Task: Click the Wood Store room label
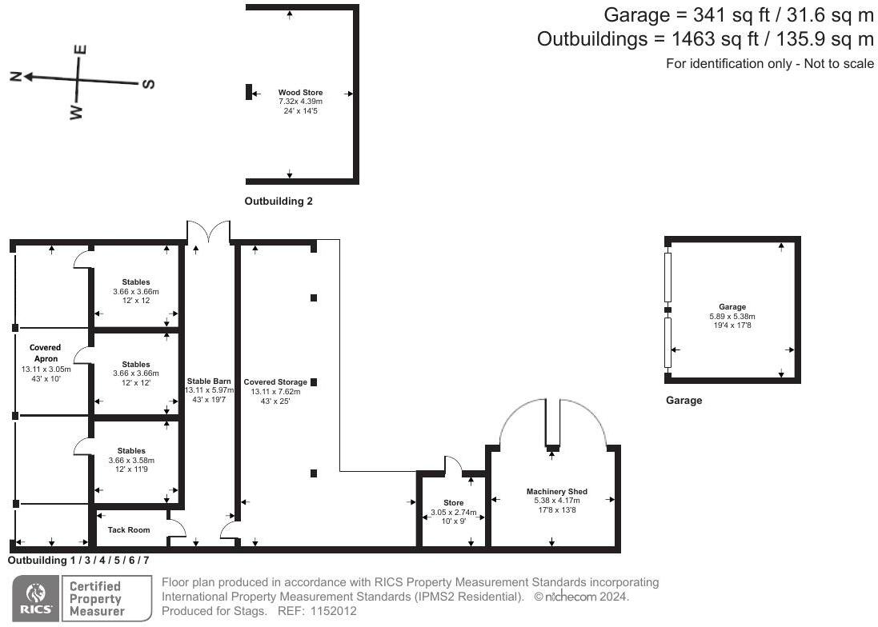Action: pos(300,93)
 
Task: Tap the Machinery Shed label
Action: pos(556,491)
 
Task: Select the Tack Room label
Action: pos(128,529)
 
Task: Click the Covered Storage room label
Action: pos(275,381)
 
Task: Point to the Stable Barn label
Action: pos(209,381)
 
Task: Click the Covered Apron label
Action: pos(46,353)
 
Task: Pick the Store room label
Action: pos(453,503)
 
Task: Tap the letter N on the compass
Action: pos(15,76)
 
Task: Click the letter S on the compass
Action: pos(148,84)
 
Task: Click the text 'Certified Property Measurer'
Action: pos(96,598)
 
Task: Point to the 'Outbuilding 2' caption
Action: pos(278,202)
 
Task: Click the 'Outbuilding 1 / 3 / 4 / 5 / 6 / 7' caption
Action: pos(78,561)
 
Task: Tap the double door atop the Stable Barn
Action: pos(208,232)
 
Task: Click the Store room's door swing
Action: pos(453,465)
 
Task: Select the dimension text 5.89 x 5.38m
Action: pos(732,316)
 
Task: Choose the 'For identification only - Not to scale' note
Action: pos(769,64)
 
